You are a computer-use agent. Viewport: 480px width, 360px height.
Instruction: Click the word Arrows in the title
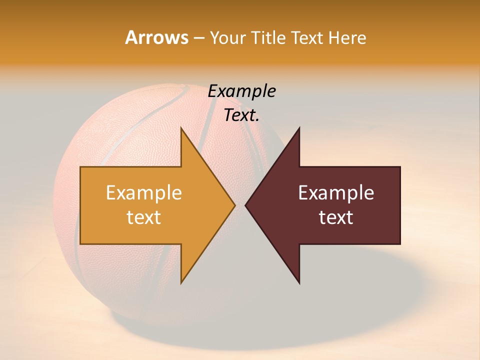point(156,37)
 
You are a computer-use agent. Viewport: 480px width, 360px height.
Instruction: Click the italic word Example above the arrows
point(242,91)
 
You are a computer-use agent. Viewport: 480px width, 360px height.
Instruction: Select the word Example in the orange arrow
point(144,193)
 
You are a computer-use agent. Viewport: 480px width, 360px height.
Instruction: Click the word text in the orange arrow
point(144,217)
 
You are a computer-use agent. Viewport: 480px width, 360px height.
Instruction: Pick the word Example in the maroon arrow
point(336,193)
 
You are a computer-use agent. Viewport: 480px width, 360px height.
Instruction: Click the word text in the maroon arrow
point(336,217)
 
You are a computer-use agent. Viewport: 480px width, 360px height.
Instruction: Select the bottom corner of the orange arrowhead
point(181,282)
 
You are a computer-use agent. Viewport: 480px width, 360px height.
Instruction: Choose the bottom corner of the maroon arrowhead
point(299,282)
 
